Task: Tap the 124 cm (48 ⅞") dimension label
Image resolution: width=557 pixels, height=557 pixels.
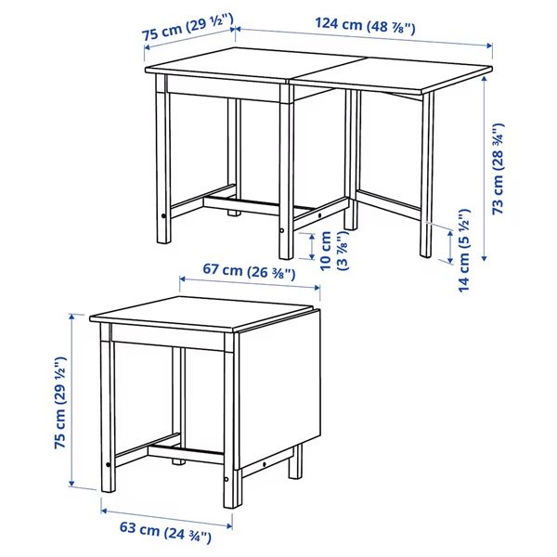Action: pos(364,26)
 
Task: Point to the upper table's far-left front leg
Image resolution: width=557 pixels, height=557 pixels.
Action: pos(163,167)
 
